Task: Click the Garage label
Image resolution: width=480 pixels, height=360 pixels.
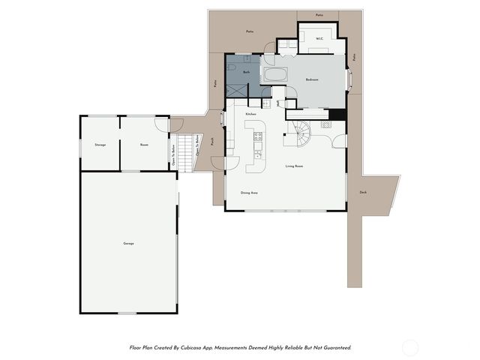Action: tap(128, 244)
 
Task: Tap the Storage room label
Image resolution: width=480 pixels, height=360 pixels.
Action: tap(100, 144)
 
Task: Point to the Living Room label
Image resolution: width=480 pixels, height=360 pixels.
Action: tap(293, 166)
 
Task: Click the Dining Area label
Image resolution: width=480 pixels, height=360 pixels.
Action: tap(249, 193)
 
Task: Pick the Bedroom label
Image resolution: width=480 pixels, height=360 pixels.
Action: tap(313, 79)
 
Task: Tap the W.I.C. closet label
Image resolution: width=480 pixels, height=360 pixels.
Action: tap(319, 38)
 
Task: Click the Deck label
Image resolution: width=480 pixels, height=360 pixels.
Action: tap(363, 192)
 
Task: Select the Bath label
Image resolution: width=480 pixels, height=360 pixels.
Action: tap(245, 71)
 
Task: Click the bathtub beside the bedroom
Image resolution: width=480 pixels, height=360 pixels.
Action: tap(274, 75)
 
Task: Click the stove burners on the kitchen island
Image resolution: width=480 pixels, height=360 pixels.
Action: tap(258, 136)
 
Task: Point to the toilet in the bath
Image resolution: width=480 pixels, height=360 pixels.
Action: tap(232, 70)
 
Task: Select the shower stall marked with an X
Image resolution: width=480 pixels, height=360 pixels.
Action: tap(237, 88)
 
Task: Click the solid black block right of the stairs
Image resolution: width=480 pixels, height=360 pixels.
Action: tap(337, 115)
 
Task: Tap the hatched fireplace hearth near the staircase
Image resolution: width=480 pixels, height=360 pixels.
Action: tap(326, 124)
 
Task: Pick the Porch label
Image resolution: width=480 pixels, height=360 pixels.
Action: tap(212, 140)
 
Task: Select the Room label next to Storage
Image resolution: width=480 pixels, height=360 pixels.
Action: tap(144, 144)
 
